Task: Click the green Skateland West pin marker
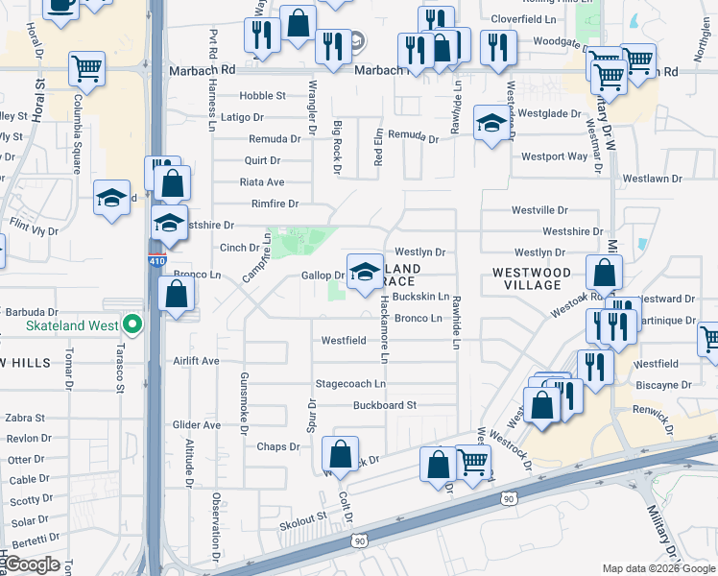[134, 326]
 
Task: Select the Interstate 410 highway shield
[155, 260]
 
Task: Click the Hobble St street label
[263, 96]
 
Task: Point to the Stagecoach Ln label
[350, 383]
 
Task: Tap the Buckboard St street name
[384, 405]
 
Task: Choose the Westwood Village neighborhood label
[532, 278]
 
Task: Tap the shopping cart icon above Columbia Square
[87, 68]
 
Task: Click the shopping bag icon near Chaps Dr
[340, 453]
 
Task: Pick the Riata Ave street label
[262, 182]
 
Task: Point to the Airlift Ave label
[197, 361]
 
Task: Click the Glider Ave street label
[197, 424]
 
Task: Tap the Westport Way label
[554, 156]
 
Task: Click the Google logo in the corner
[33, 564]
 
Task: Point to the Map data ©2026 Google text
[658, 568]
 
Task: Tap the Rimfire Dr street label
[275, 204]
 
